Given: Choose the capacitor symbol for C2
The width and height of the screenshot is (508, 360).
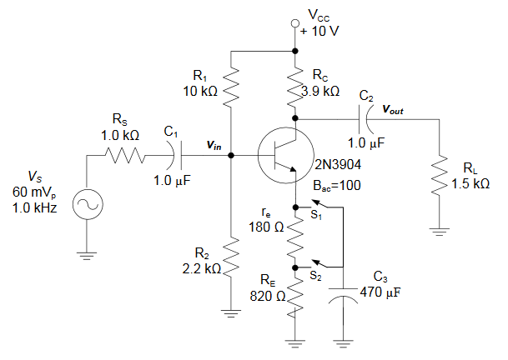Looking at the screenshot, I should [367, 119].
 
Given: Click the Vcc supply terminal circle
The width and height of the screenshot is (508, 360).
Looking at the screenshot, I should [294, 22].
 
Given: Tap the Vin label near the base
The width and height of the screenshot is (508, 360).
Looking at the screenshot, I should [214, 146].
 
